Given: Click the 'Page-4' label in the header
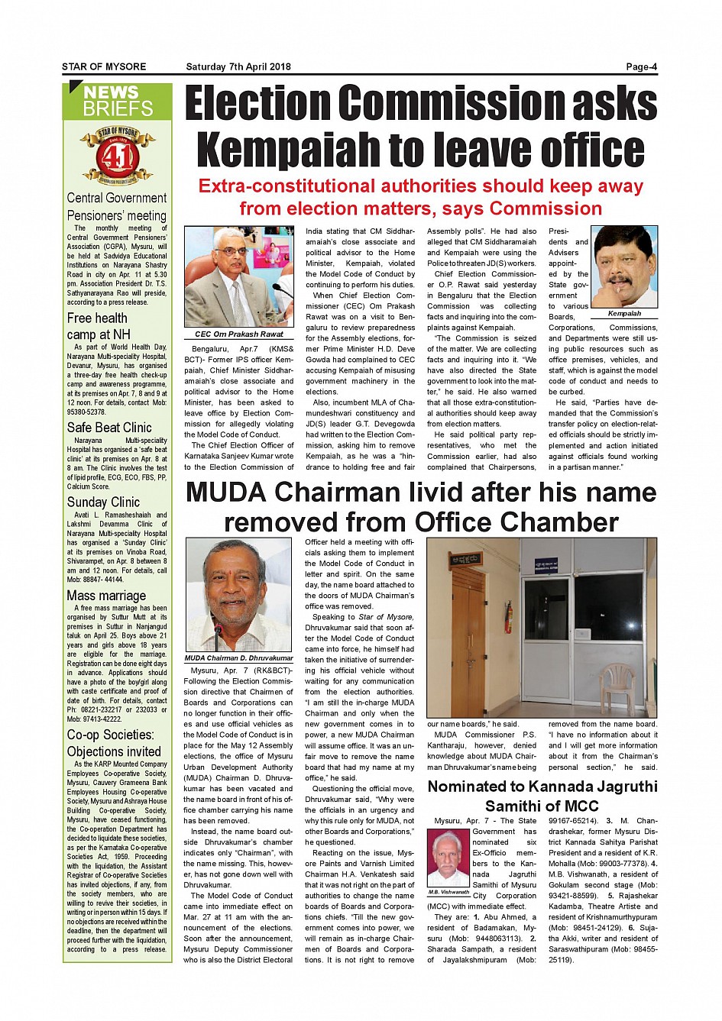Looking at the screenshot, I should pos(641,66).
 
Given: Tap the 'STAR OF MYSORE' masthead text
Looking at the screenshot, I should pos(104,67).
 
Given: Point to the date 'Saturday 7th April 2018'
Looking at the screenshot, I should pos(238,67).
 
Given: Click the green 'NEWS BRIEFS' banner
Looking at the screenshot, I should pos(117,101).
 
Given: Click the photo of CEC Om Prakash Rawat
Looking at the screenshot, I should pos(238,277).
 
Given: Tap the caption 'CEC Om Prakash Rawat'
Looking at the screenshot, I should pos(238,334).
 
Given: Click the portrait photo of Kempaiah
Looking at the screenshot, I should pos(624,267).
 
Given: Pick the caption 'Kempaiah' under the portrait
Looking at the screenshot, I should pos(624,313).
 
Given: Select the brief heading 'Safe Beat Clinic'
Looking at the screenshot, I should pos(109,428).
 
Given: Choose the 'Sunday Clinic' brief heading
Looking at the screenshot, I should pos(103,502).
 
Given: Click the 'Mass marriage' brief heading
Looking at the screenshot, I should pos(106,596).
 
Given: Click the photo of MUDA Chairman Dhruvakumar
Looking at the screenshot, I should pos(238,596).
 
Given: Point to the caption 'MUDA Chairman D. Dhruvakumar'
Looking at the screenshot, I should pos(238,658).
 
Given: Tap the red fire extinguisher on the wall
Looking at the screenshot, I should pos(508,617).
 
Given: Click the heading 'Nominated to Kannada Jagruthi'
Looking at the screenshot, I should pos(542,787).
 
